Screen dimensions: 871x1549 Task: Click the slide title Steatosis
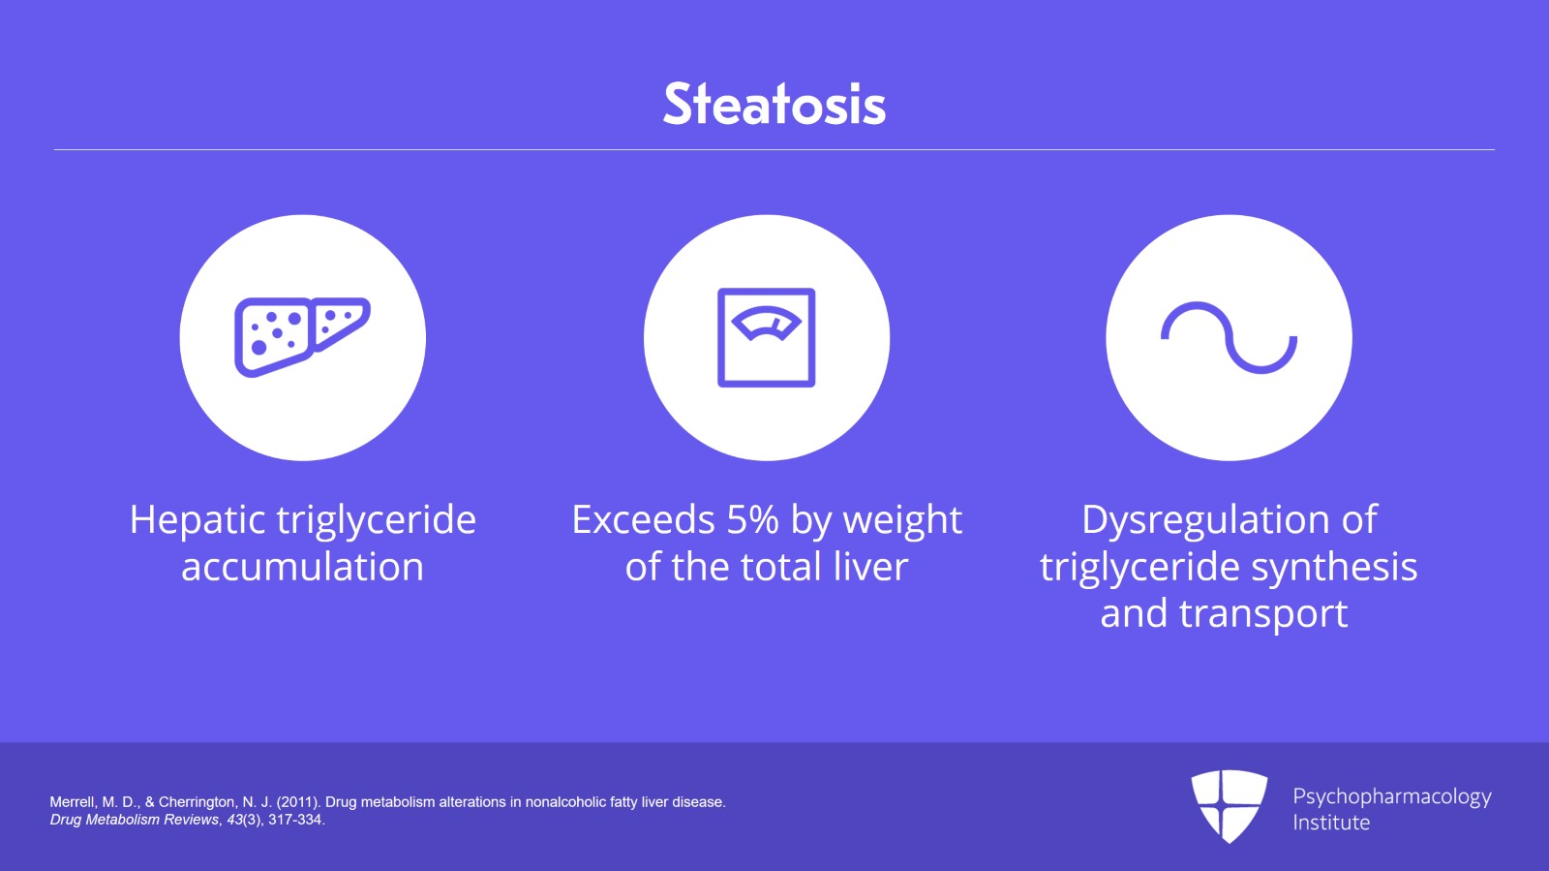[x=774, y=104]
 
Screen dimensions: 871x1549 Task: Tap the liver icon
[x=302, y=336]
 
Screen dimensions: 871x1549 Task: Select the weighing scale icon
[x=766, y=337]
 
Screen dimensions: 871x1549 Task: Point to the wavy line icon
[x=1229, y=337]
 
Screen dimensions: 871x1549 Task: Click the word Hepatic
[x=197, y=520]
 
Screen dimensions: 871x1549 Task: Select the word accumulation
[x=302, y=567]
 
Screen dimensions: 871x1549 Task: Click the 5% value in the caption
[x=752, y=520]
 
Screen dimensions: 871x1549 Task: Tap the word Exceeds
[x=643, y=520]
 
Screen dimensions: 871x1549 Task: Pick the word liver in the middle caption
[x=869, y=567]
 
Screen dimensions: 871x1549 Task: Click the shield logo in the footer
[x=1229, y=805]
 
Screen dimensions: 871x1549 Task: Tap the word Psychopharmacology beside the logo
[x=1391, y=796]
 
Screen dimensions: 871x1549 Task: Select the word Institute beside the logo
[x=1331, y=823]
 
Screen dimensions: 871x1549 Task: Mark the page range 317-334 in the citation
[x=295, y=820]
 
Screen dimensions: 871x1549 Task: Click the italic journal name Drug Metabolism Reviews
[x=135, y=820]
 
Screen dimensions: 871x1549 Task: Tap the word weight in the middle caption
[x=902, y=520]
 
